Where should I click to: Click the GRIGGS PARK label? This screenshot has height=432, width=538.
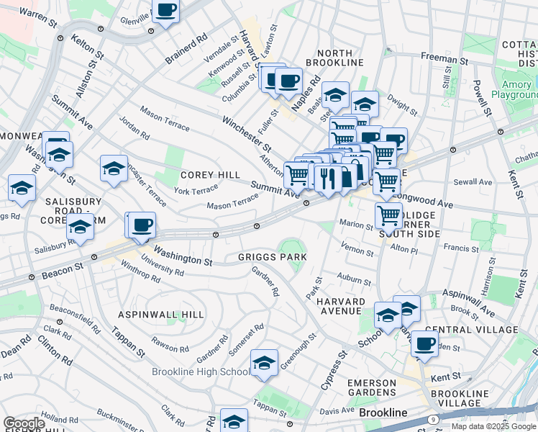click(273, 257)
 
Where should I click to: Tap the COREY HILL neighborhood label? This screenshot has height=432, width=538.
click(209, 175)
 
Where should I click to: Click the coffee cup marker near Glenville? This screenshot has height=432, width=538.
click(166, 11)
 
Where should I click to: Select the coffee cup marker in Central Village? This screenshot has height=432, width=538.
click(424, 343)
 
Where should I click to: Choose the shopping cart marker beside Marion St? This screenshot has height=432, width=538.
click(388, 214)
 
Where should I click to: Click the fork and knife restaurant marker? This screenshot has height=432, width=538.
click(327, 177)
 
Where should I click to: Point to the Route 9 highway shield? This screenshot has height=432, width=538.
click(433, 419)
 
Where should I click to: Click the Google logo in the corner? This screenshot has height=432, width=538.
click(24, 423)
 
